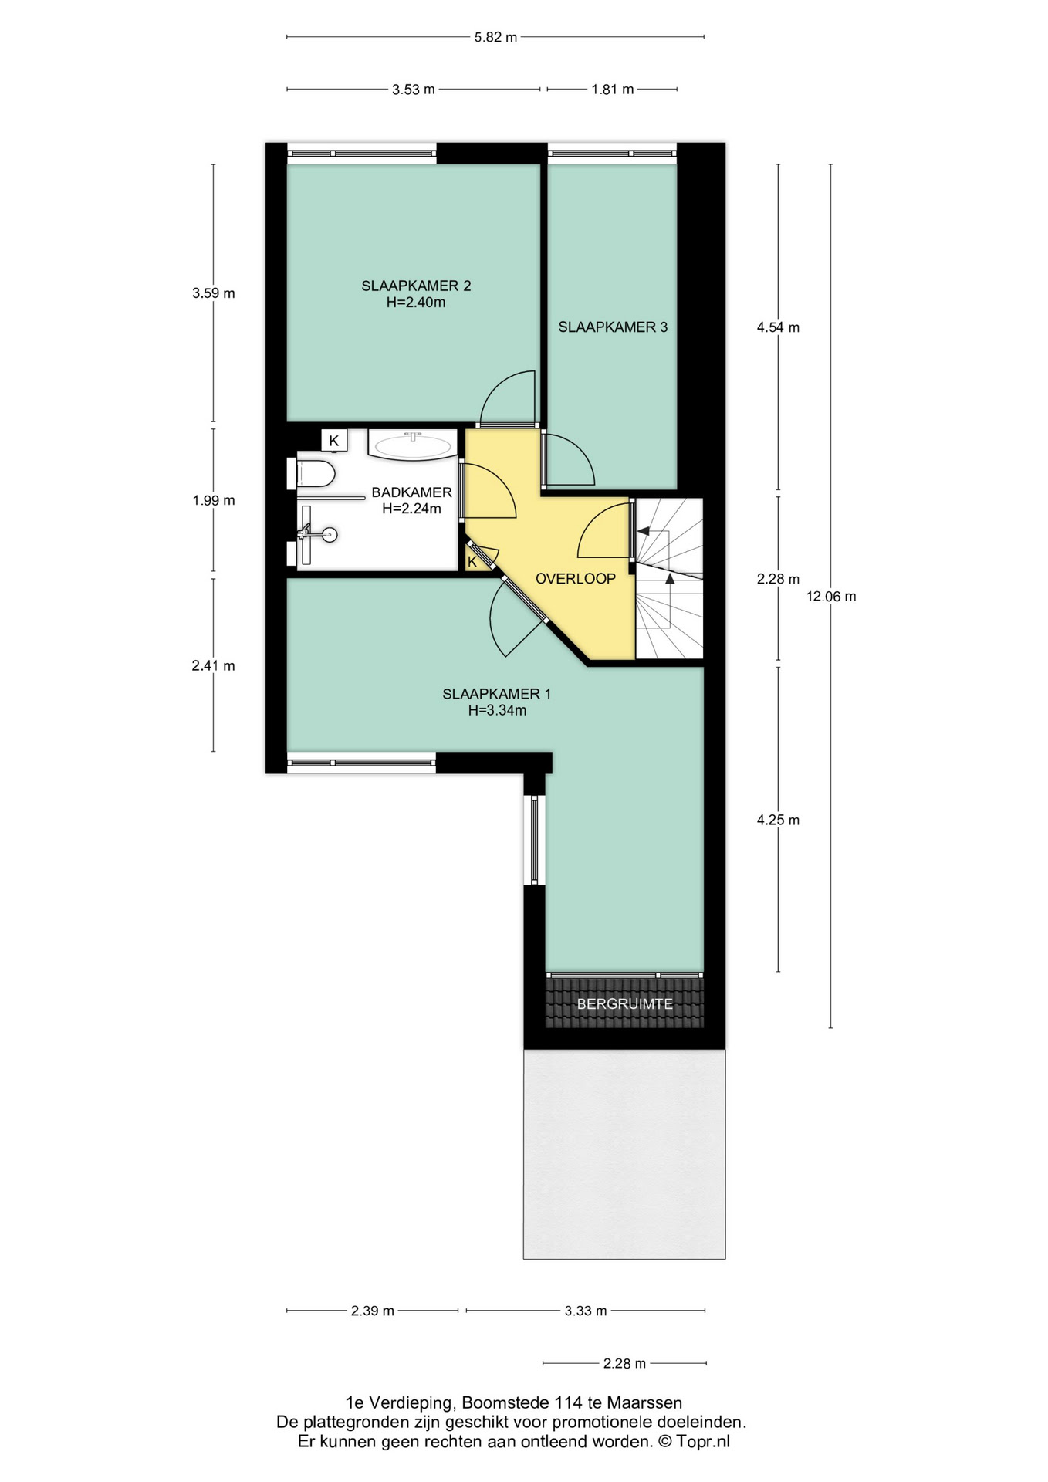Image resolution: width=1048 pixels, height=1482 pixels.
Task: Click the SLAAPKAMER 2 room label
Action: [x=416, y=286]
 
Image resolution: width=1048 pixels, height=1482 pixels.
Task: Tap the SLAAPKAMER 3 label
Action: [x=613, y=327]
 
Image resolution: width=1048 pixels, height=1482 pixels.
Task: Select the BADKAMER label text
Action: [x=411, y=492]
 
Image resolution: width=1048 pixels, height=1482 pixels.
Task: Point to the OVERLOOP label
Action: [x=576, y=579]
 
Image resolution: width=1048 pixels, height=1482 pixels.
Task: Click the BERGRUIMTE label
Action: [x=625, y=1004]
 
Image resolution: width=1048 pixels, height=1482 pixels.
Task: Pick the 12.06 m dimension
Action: [x=831, y=597]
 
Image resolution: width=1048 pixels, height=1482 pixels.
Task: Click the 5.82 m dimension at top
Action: [x=495, y=37]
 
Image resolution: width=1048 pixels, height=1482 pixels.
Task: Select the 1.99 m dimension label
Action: [x=214, y=501]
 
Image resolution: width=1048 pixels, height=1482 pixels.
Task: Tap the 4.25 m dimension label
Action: [x=778, y=821]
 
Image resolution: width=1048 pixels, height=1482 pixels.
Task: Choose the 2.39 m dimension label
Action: [x=373, y=1311]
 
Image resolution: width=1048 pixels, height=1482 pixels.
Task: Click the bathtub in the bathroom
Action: [x=413, y=445]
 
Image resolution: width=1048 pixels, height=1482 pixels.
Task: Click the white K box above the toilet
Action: [x=334, y=441]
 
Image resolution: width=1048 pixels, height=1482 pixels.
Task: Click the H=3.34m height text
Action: [x=497, y=711]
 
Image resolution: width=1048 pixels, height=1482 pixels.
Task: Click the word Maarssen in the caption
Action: [x=644, y=1402]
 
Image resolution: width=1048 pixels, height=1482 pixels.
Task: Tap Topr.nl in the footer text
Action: [x=703, y=1441]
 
